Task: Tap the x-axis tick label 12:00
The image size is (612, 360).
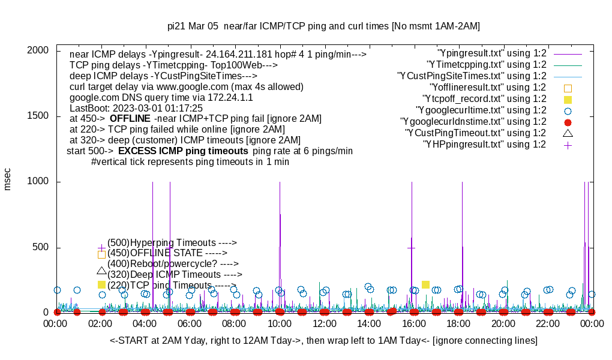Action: point(325,323)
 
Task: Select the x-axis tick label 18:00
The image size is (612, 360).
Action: point(459,323)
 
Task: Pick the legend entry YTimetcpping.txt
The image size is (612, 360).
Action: point(486,64)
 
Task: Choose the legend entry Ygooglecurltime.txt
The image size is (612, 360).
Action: point(481,110)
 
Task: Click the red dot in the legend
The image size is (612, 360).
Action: point(568,122)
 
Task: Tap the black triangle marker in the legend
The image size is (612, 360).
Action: point(568,133)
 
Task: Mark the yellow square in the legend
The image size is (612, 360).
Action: point(568,99)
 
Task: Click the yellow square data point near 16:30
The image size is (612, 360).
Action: point(425,284)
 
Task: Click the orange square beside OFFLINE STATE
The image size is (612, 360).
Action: point(101,254)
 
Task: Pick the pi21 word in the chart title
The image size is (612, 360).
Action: point(176,26)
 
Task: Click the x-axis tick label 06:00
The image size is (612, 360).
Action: point(190,323)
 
